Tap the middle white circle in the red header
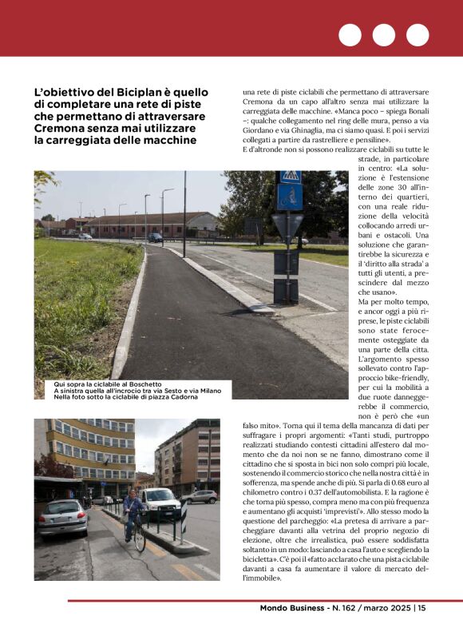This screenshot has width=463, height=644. pyautogui.click(x=383, y=35)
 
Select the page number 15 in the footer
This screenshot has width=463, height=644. pyautogui.click(x=421, y=608)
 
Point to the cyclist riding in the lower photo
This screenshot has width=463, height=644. pyautogui.click(x=133, y=516)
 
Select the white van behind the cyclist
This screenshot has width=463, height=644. pyautogui.click(x=160, y=503)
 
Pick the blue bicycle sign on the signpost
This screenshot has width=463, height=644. pyautogui.click(x=290, y=197)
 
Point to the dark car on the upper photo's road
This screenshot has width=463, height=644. pyautogui.click(x=156, y=237)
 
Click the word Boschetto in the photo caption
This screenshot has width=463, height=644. pyautogui.click(x=136, y=384)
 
